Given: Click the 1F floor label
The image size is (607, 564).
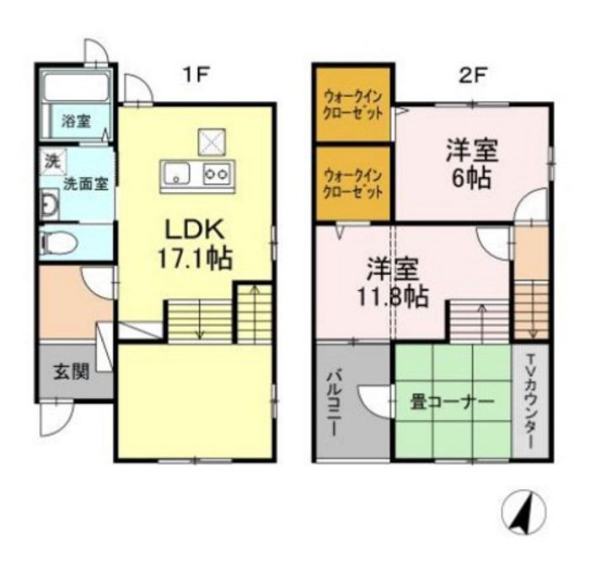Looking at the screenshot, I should pyautogui.click(x=196, y=74).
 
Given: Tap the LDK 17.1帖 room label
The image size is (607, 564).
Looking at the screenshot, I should pyautogui.click(x=198, y=243).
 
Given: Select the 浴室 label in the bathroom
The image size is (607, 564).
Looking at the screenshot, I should pyautogui.click(x=76, y=121).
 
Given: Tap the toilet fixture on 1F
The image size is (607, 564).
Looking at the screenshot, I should pyautogui.click(x=59, y=244).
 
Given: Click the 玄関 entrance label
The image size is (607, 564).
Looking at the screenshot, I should pyautogui.click(x=73, y=372).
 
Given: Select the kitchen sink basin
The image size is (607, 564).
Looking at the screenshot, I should pyautogui.click(x=179, y=175).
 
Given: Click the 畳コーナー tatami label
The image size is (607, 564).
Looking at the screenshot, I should pyautogui.click(x=452, y=402).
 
